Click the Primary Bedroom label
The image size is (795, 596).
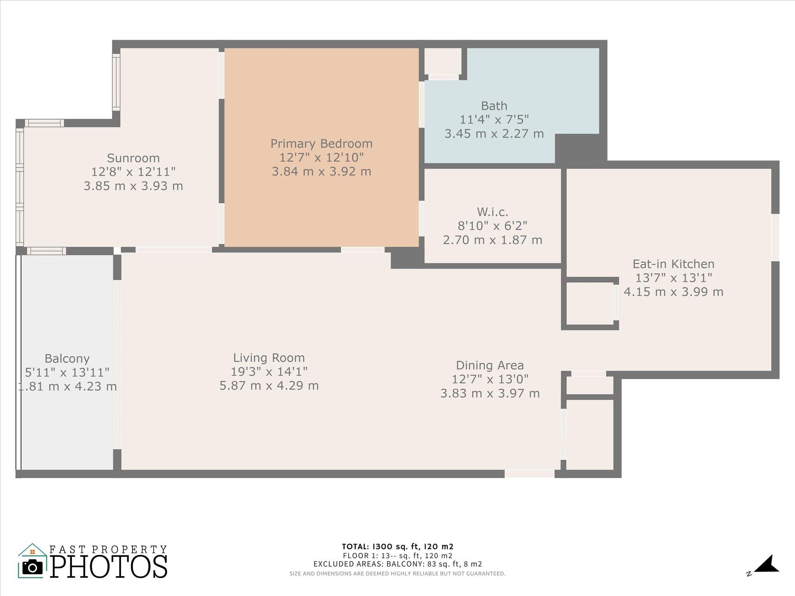(x=321, y=144)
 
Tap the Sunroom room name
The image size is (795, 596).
(x=133, y=158)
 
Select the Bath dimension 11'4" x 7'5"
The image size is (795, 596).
(x=494, y=120)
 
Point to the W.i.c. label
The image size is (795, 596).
(x=493, y=212)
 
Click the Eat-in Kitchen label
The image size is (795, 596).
(x=673, y=264)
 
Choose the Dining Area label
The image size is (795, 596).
(x=490, y=365)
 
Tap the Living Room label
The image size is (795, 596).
(x=269, y=358)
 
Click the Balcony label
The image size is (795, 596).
(x=67, y=359)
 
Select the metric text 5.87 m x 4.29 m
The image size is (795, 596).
(x=269, y=386)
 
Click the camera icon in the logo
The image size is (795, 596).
(x=33, y=568)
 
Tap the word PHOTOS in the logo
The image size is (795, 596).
(x=109, y=567)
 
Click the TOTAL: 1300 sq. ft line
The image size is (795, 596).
(x=397, y=547)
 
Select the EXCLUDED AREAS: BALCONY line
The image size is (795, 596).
(x=397, y=564)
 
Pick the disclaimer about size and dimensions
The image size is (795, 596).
(x=397, y=573)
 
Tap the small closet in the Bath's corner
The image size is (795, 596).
(x=443, y=61)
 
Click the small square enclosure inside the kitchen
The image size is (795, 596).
(x=590, y=303)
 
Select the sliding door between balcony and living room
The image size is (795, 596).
(x=117, y=364)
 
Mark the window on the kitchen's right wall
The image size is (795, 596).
(x=775, y=237)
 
